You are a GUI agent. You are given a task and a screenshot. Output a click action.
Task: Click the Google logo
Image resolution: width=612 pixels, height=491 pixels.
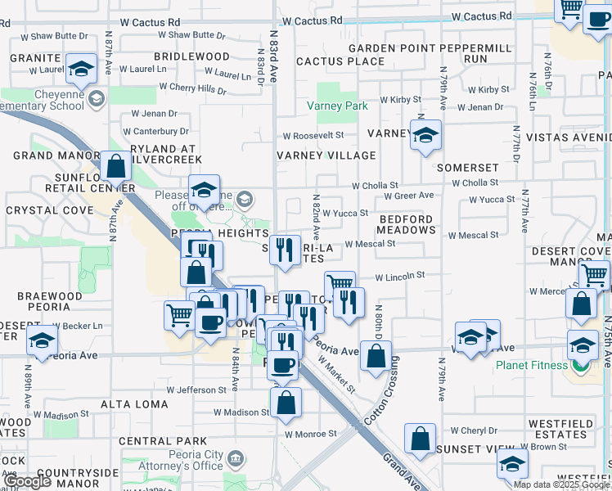coord(27,482)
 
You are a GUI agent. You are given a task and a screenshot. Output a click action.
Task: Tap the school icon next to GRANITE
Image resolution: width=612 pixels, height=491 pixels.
coord(81,70)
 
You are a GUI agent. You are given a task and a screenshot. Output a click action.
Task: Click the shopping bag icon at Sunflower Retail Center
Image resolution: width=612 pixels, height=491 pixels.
coord(117,165)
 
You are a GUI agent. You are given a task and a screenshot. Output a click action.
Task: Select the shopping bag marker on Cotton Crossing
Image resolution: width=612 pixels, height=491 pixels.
coord(376,356)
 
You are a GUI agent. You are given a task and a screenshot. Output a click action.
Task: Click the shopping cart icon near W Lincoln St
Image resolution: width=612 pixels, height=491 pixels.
coord(339,285)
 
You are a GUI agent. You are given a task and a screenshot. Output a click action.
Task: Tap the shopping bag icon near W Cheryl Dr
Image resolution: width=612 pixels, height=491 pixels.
coord(420,438)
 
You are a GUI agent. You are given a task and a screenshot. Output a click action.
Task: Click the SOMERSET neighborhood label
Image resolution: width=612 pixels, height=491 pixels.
coord(467,168)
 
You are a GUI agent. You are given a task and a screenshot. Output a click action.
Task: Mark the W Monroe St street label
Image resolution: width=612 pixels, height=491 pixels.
coord(311,434)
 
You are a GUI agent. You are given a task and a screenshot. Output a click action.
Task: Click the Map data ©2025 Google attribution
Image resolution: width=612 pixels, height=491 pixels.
coord(561,484)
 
